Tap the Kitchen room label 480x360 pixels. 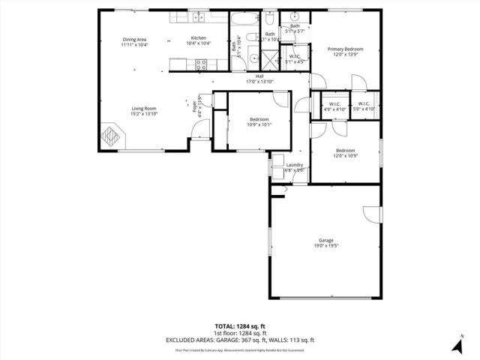[x=198, y=38]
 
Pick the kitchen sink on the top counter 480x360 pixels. [x=199, y=17]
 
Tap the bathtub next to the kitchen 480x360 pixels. [x=246, y=21]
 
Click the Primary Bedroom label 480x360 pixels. [x=345, y=49]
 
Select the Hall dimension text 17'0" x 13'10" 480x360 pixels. [x=259, y=81]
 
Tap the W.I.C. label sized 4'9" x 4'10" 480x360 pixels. [x=334, y=104]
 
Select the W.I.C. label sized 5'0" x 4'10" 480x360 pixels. [x=364, y=104]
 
